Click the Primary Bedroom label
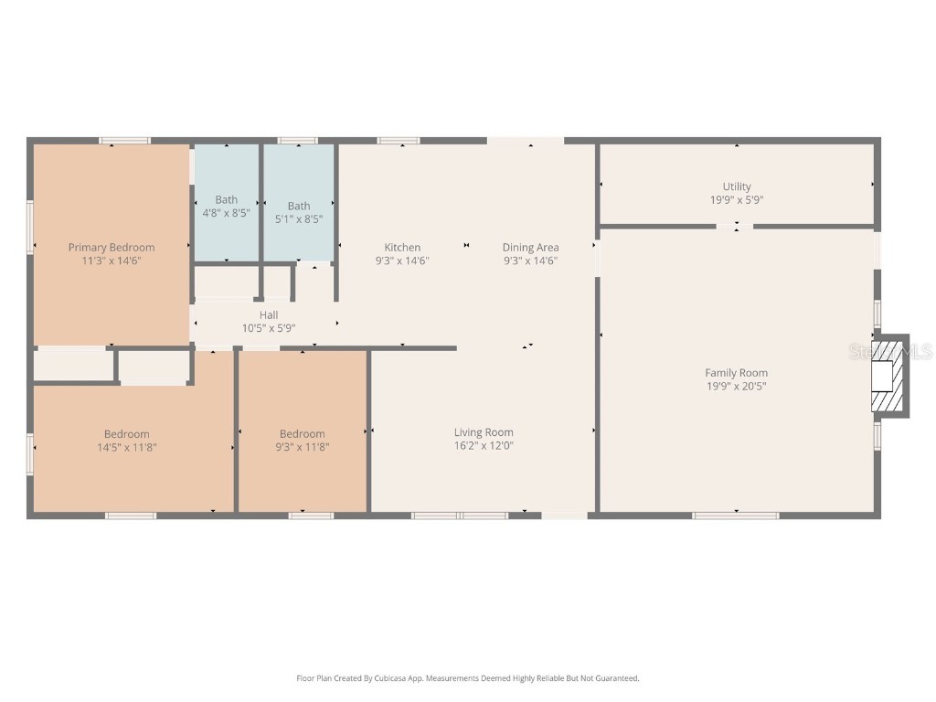click(x=112, y=247)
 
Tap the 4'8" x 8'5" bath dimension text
click(x=227, y=212)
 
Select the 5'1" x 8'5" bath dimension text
click(x=299, y=219)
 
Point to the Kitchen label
click(x=402, y=247)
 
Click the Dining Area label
click(x=531, y=247)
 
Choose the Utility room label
click(x=737, y=186)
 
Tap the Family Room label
click(x=737, y=373)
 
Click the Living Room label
click(x=484, y=432)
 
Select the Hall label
click(x=269, y=314)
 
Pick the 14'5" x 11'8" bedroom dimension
click(x=127, y=447)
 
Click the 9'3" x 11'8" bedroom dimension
click(x=303, y=447)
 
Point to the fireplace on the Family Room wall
click(x=889, y=376)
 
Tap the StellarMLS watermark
click(x=890, y=352)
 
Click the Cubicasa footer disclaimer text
click(x=468, y=678)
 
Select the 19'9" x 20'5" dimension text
click(x=737, y=386)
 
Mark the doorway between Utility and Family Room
click(x=735, y=227)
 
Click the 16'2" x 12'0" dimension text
click(x=484, y=445)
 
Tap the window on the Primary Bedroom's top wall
click(x=124, y=141)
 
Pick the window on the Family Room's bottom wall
click(x=736, y=516)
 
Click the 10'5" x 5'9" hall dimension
click(x=269, y=328)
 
